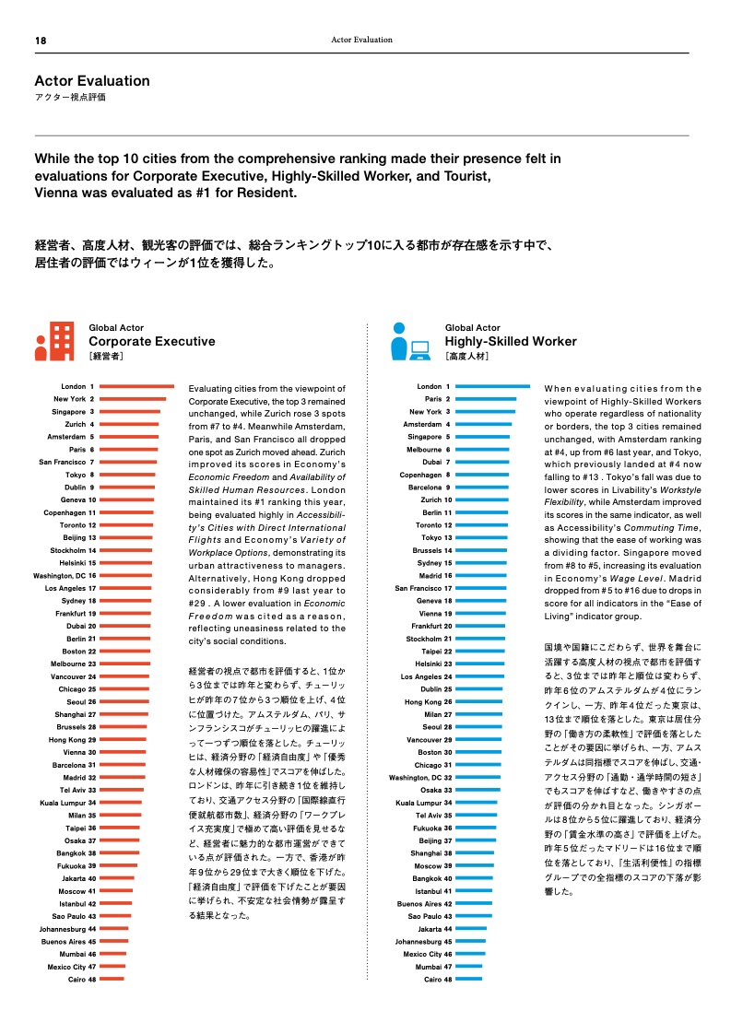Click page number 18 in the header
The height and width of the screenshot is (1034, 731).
click(41, 41)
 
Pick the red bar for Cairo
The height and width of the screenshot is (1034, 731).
click(112, 980)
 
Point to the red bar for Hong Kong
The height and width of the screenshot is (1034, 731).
click(124, 740)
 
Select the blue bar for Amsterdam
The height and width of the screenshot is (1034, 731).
click(484, 424)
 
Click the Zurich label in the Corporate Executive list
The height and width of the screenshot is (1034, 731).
click(76, 424)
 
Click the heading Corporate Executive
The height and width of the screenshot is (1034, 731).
click(152, 341)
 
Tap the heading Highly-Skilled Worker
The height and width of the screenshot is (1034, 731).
click(511, 341)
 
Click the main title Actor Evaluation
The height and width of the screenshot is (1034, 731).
click(92, 81)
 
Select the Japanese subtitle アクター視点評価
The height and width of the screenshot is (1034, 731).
click(70, 97)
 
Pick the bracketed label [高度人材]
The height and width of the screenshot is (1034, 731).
click(466, 356)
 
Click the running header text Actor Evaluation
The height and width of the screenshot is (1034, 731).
click(361, 40)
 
